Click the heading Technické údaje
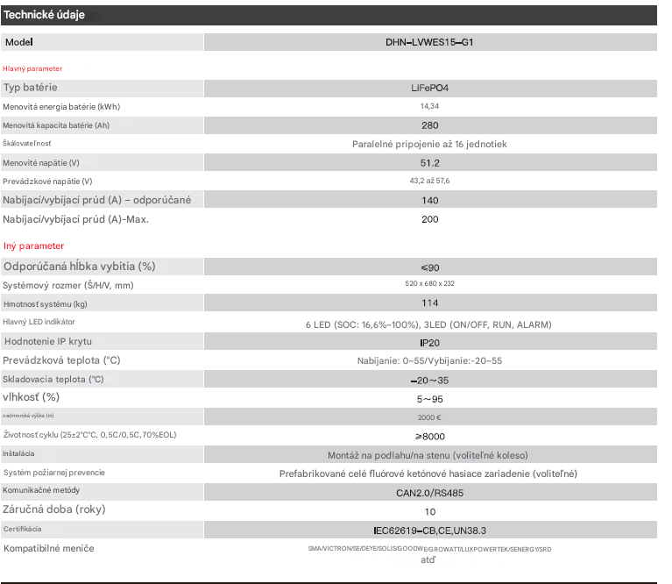pos(45,16)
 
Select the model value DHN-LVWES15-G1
pos(429,42)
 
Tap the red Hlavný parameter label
pos(32,68)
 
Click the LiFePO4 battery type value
pos(429,88)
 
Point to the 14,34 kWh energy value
pos(429,106)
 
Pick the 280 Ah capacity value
pos(429,125)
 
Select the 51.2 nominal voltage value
pos(429,163)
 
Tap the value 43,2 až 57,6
pos(429,182)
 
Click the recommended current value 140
pos(429,200)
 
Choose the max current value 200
pos(429,219)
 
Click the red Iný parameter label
pos(33,246)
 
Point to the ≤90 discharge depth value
pos(429,267)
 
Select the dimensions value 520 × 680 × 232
pos(429,284)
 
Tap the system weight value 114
pos(429,304)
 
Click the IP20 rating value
pos(429,341)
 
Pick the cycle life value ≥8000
pos(429,435)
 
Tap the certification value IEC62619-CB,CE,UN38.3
pos(429,530)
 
